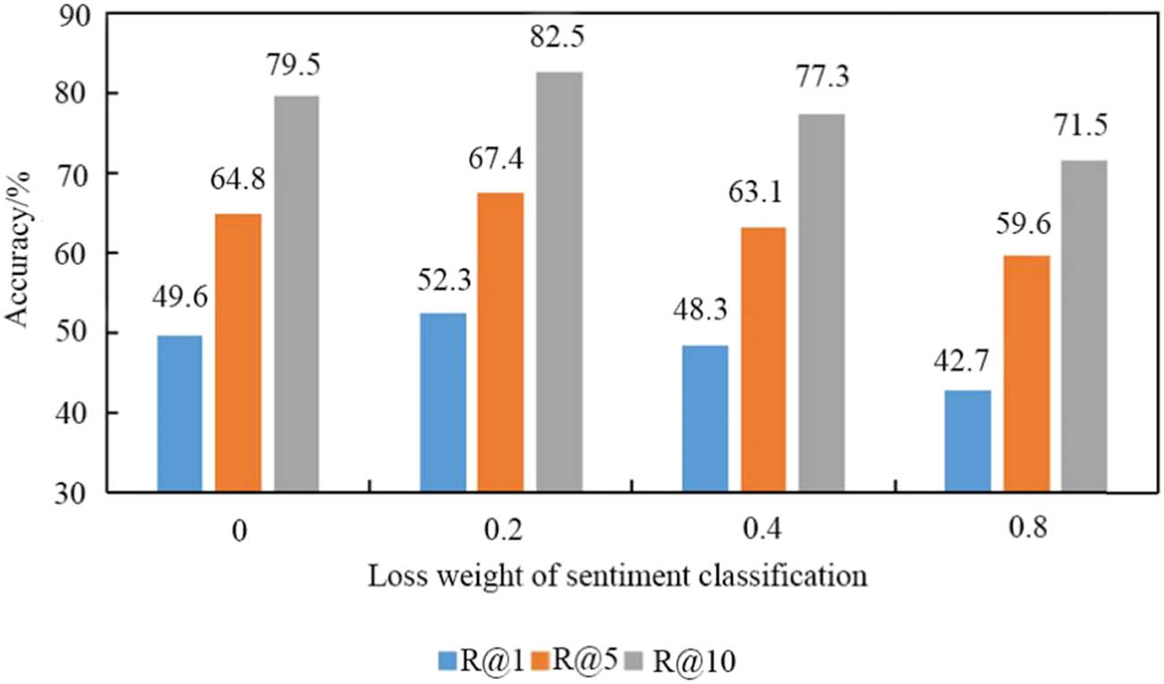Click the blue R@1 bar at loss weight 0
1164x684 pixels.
pyautogui.click(x=179, y=414)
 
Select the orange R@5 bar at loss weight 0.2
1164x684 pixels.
pyautogui.click(x=500, y=342)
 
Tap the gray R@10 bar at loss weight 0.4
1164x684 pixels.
pyautogui.click(x=822, y=303)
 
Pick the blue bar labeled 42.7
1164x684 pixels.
pyautogui.click(x=968, y=440)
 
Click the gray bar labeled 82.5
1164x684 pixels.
pyautogui.click(x=560, y=282)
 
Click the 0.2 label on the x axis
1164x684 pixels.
pyautogui.click(x=504, y=530)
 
